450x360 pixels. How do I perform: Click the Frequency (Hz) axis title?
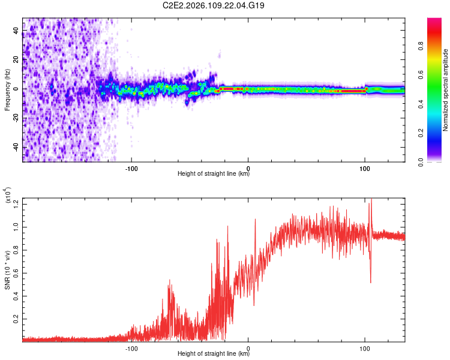click(x=7, y=90)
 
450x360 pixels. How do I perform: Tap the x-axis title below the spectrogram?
click(x=214, y=174)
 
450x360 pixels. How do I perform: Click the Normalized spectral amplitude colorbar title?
click(x=445, y=90)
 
